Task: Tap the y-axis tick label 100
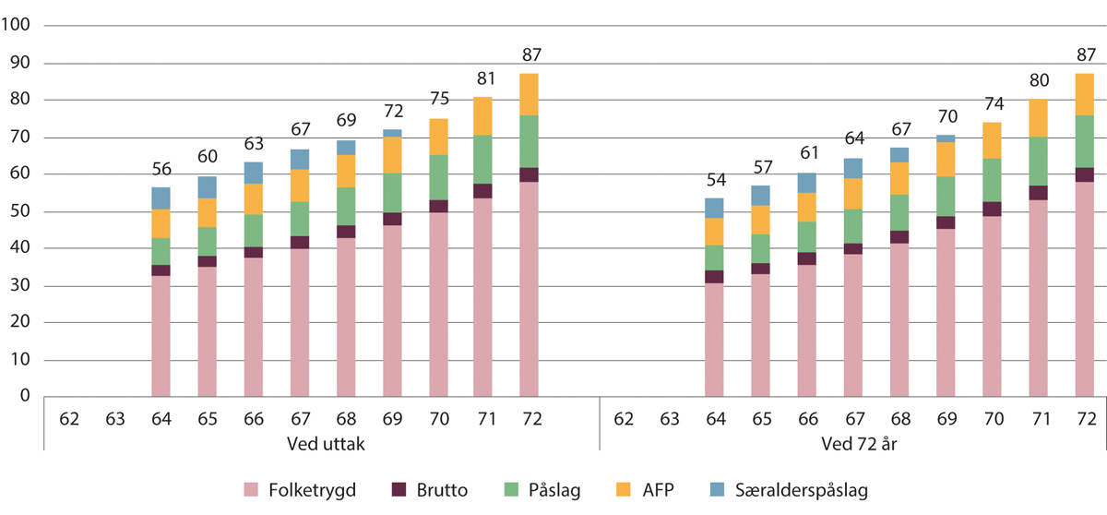(x=18, y=26)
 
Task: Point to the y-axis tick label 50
(x=21, y=211)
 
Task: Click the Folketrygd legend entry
(x=300, y=490)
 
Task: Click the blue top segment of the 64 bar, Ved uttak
(x=161, y=198)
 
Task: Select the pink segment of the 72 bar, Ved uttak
(x=530, y=289)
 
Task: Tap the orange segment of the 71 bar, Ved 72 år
(x=1038, y=117)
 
